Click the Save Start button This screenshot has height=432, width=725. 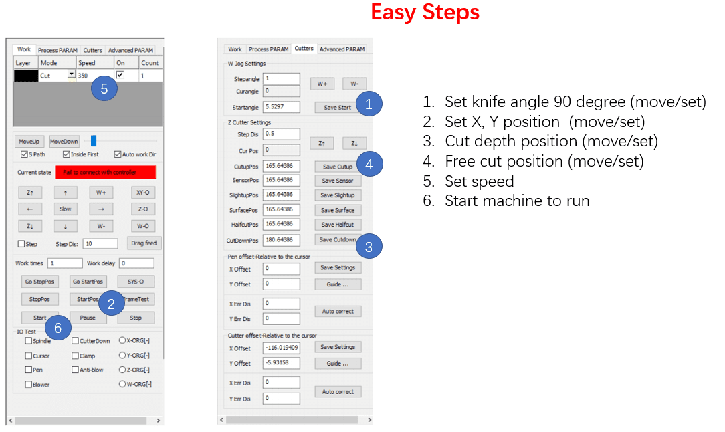[337, 107]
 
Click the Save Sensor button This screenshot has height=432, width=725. [338, 181]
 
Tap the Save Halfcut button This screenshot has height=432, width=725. [338, 224]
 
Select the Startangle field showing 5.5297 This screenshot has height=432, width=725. [281, 107]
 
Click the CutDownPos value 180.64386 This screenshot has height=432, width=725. [281, 240]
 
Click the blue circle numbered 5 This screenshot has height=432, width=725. [104, 88]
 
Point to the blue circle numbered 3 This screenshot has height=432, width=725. [369, 247]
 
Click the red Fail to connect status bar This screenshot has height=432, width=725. [106, 172]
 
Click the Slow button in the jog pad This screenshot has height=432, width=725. [65, 209]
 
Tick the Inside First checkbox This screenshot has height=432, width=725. [66, 154]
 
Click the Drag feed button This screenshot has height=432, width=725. [144, 243]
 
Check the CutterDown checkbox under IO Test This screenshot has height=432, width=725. [75, 341]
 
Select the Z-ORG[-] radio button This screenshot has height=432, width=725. [122, 370]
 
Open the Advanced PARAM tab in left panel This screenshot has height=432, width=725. [130, 50]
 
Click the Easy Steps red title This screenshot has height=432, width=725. [425, 13]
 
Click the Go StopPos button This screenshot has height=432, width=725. [39, 282]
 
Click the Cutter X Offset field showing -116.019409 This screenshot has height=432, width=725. [281, 348]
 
